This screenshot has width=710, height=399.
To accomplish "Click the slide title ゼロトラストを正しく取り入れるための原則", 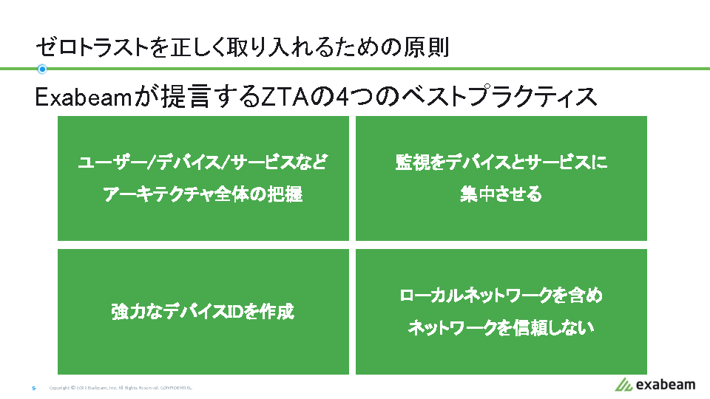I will click(242, 47).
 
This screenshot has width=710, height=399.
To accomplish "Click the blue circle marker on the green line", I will click(42, 69).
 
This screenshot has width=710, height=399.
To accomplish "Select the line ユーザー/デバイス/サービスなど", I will click(203, 163).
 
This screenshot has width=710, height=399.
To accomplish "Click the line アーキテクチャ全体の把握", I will click(203, 195).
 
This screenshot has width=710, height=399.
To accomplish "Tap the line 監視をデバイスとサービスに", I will click(501, 163).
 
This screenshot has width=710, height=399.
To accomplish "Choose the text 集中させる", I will click(501, 195).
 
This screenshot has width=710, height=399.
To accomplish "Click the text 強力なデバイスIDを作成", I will click(203, 312).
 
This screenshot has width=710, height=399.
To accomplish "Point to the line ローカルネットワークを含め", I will click(501, 296).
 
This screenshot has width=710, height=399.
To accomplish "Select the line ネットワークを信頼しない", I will click(501, 328).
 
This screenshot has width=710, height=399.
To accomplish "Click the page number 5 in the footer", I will click(34, 388).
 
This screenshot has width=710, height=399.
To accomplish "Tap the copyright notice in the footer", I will click(121, 388).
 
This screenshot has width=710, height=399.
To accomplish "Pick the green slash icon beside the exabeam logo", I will click(623, 384).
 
